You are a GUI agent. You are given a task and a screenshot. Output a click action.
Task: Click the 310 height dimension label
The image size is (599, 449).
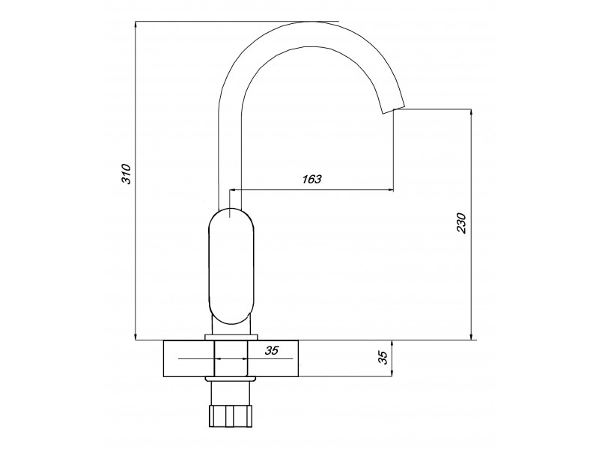tap(127, 174)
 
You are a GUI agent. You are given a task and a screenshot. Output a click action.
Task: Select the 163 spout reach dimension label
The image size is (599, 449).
tap(311, 179)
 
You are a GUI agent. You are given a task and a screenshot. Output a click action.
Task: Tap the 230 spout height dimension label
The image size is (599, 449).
tap(461, 223)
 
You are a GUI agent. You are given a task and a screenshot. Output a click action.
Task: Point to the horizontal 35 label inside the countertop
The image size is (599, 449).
tap(272, 350)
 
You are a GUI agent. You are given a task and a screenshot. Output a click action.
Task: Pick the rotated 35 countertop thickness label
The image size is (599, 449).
tap(383, 358)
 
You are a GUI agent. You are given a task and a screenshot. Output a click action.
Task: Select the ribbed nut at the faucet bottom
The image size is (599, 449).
tap(231, 416)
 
